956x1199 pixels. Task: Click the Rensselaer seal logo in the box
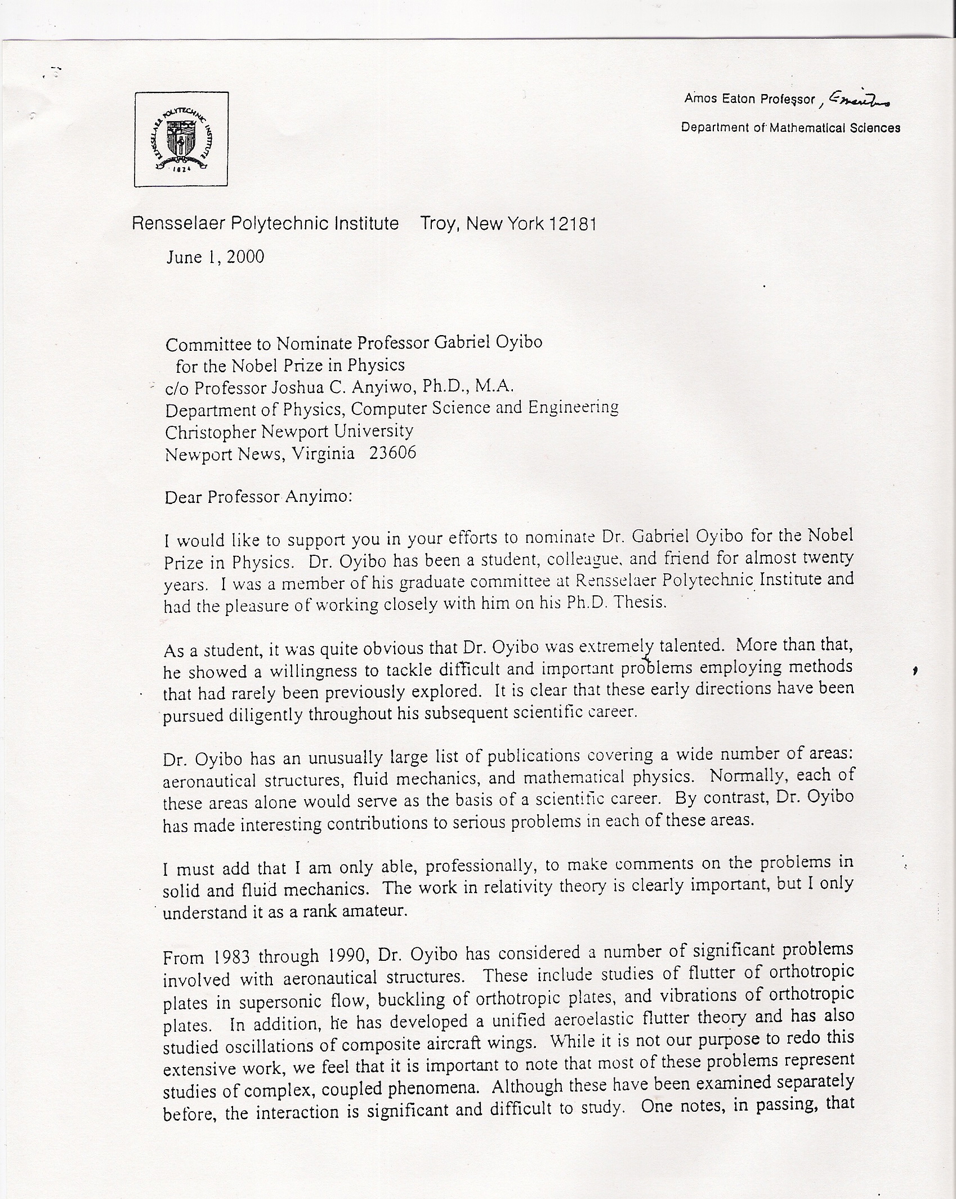click(x=181, y=139)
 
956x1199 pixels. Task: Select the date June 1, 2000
click(x=215, y=257)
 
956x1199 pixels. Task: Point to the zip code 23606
click(x=392, y=453)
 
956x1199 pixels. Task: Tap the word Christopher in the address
click(x=208, y=432)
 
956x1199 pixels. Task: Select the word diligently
click(x=267, y=714)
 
